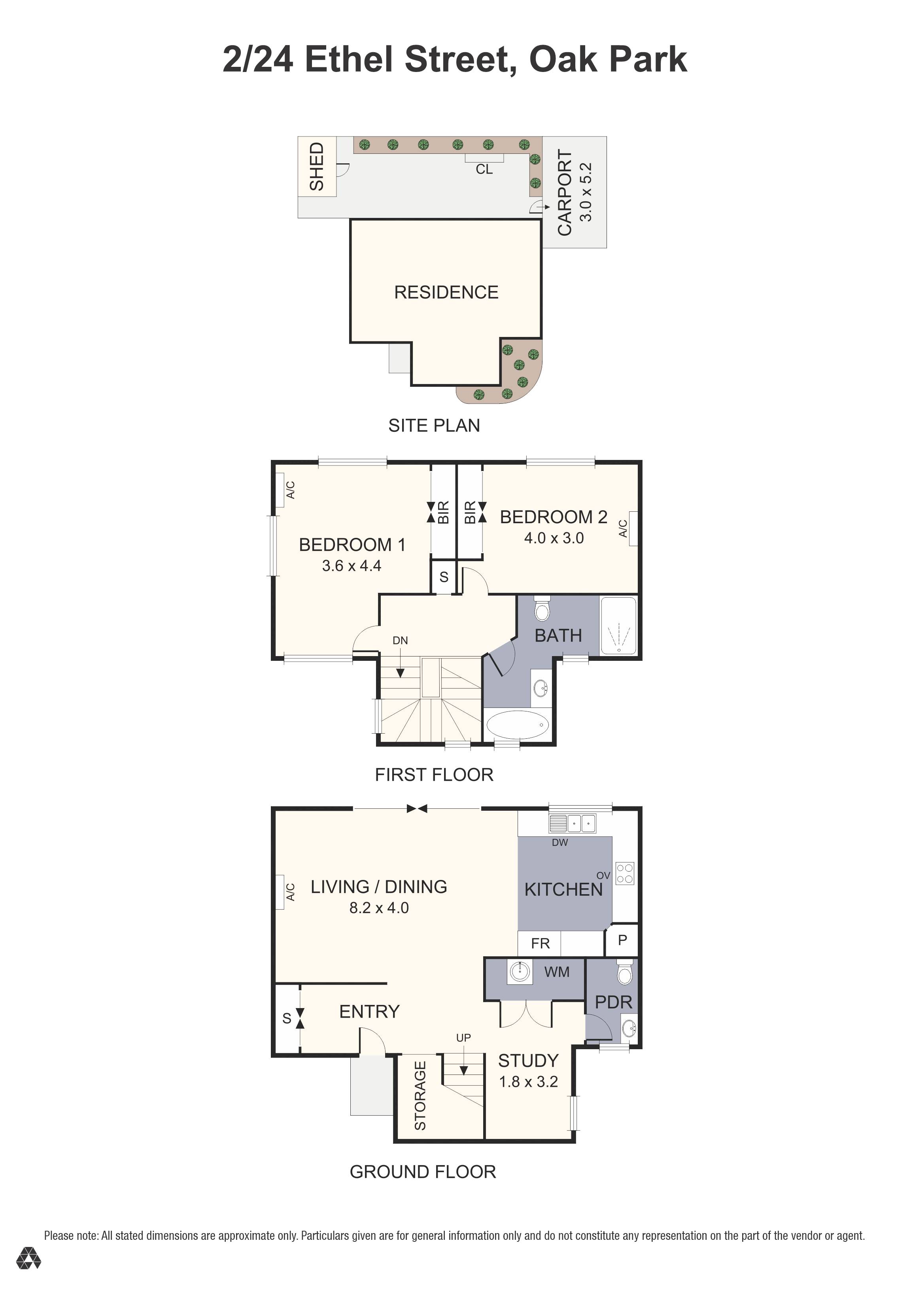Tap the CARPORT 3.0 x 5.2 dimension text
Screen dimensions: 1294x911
(x=586, y=192)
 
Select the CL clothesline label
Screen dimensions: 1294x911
(x=484, y=169)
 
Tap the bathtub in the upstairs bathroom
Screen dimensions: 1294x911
(x=517, y=725)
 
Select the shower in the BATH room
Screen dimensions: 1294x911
(x=618, y=626)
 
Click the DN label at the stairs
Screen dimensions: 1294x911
(x=400, y=640)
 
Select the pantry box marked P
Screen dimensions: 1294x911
(x=622, y=940)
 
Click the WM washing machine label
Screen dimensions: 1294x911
(x=557, y=972)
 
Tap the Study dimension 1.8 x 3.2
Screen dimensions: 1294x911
(x=528, y=1082)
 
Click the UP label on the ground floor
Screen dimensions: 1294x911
(x=463, y=1038)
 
